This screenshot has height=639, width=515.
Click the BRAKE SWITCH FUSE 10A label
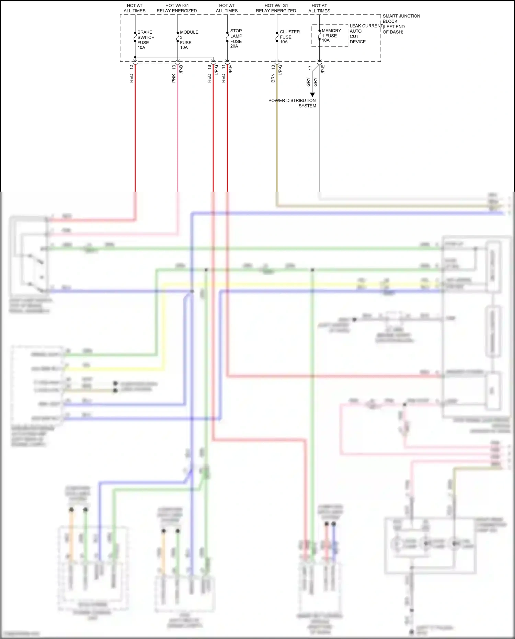tap(145, 40)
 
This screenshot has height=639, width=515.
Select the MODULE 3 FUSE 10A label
tap(188, 40)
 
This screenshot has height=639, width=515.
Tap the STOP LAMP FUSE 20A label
tap(236, 38)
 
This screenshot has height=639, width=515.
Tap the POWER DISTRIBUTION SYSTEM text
tap(292, 103)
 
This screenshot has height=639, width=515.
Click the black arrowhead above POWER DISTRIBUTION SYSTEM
tap(312, 94)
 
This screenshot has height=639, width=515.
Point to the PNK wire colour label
tap(174, 78)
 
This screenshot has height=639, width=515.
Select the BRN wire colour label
tap(273, 78)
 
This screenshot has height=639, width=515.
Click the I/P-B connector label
tap(181, 70)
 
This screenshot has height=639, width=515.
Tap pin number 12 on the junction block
tap(131, 68)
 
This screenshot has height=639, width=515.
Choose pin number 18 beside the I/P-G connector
tap(209, 67)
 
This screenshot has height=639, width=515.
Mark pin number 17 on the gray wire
tap(310, 68)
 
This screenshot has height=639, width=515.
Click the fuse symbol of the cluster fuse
tap(277, 37)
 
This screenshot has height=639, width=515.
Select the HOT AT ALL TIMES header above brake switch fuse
tap(135, 8)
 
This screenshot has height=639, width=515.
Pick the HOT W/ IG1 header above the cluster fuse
tap(276, 8)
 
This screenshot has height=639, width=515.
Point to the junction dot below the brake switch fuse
tap(135, 57)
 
